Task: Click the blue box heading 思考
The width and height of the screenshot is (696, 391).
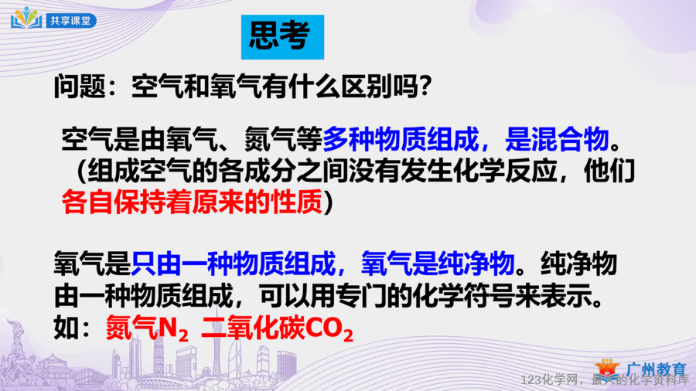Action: (x=282, y=37)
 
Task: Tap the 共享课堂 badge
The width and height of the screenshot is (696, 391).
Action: (x=71, y=21)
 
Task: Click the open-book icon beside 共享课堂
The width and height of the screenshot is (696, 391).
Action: (x=26, y=19)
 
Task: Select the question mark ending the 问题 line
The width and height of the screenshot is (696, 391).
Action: (x=425, y=86)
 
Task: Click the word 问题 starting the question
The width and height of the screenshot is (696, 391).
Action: (x=80, y=86)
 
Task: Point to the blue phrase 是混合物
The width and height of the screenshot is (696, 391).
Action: (x=557, y=139)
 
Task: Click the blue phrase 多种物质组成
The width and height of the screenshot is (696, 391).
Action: (x=401, y=139)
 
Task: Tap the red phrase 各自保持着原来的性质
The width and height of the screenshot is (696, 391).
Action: (x=192, y=202)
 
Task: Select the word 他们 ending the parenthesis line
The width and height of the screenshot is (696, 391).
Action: (x=609, y=171)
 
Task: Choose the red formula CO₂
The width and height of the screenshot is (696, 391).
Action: (x=329, y=330)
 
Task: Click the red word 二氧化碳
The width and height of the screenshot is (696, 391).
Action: (x=253, y=329)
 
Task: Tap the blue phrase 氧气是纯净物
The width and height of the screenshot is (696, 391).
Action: (x=438, y=263)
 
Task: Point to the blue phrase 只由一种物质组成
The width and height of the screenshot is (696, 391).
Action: (x=234, y=263)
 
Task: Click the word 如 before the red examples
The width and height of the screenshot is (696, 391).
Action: (x=67, y=329)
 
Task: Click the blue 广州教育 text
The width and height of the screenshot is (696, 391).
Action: (x=657, y=369)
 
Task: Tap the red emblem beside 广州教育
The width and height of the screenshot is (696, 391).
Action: (x=607, y=369)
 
